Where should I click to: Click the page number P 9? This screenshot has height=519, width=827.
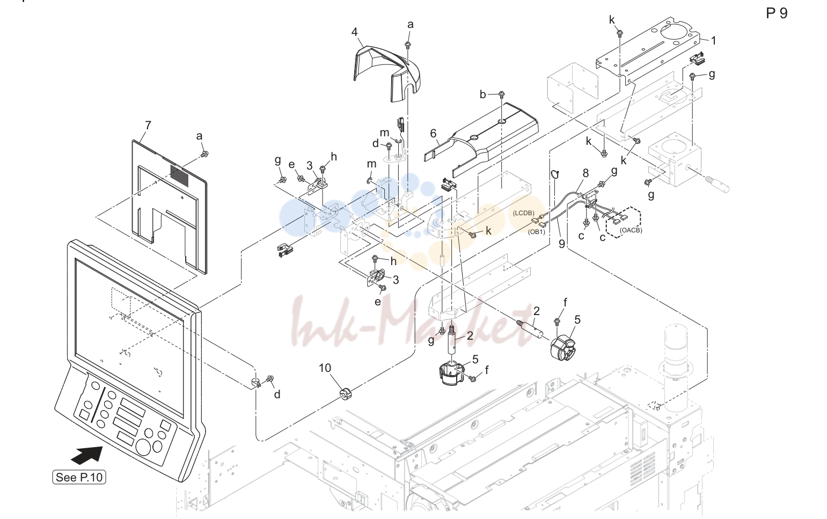[777, 13]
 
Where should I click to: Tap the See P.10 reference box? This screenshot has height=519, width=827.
[79, 477]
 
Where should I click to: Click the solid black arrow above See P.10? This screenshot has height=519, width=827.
[87, 455]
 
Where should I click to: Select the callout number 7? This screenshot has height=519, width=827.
[148, 126]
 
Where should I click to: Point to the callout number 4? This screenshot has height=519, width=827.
[354, 32]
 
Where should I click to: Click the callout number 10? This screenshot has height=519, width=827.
[325, 368]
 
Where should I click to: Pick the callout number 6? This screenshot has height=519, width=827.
[434, 133]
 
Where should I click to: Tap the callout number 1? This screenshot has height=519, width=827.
[714, 41]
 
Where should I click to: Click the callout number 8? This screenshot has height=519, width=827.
[586, 173]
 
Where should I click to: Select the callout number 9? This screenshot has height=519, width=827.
[561, 244]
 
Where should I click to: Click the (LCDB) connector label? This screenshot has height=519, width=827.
[524, 213]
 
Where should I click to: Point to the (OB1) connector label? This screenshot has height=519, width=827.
[536, 232]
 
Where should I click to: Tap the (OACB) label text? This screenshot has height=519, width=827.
[631, 230]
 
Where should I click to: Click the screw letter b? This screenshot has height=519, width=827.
[482, 94]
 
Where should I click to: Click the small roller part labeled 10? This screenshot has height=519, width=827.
[346, 394]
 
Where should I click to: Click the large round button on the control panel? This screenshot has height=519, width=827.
[143, 447]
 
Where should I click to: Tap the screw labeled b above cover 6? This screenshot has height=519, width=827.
[501, 95]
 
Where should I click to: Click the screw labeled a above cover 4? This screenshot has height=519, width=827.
[408, 45]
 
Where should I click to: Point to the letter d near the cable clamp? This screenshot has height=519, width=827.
[277, 394]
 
